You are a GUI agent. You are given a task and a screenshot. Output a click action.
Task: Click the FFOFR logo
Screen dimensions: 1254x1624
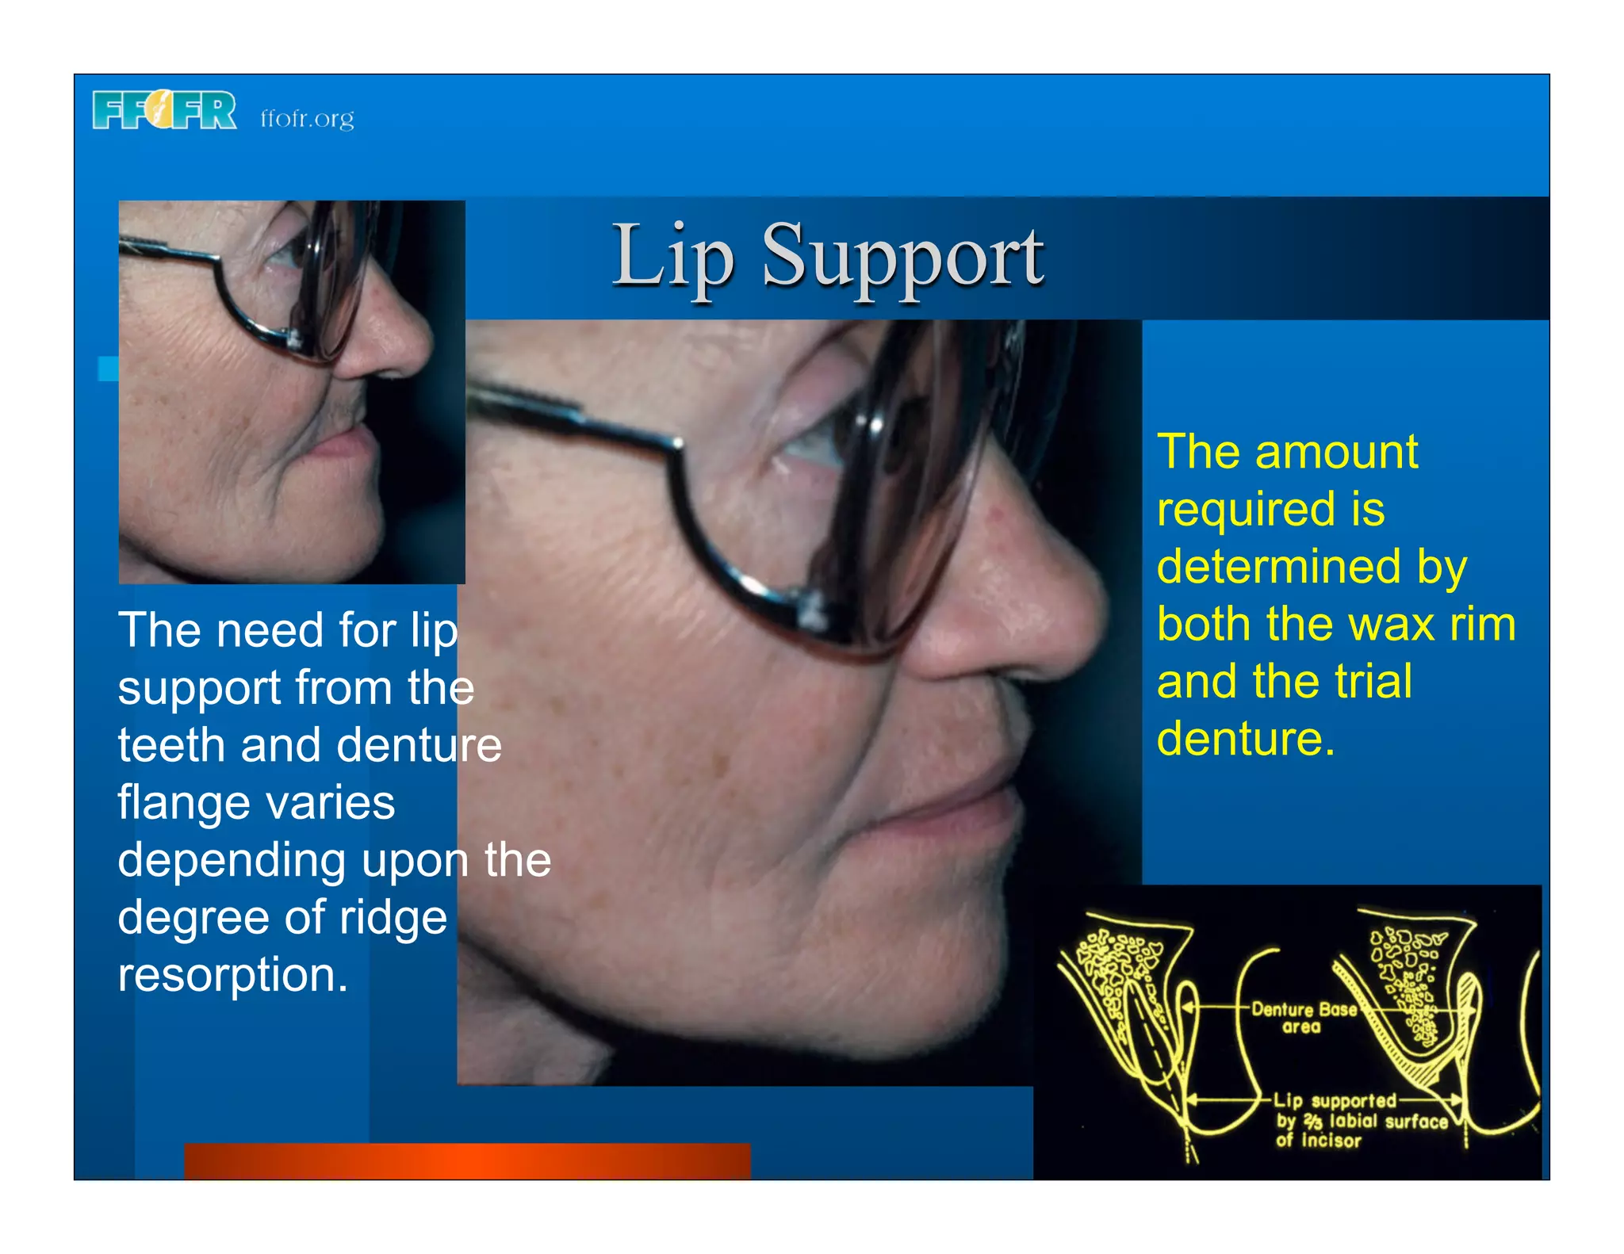(x=164, y=110)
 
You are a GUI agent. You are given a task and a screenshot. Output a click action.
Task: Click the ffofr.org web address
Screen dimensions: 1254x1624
(x=307, y=118)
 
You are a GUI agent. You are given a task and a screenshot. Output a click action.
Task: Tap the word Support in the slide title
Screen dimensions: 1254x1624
(x=902, y=258)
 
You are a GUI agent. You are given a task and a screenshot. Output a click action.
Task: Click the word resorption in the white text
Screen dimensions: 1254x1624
(x=232, y=974)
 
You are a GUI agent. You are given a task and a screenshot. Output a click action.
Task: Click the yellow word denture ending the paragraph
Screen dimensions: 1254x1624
(x=1245, y=739)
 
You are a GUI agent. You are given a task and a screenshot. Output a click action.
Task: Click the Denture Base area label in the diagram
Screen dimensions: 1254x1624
(x=1302, y=1018)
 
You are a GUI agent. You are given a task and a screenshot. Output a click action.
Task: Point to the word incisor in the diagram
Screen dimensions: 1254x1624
(x=1331, y=1141)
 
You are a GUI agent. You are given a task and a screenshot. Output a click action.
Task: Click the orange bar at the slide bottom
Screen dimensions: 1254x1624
(x=467, y=1161)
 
